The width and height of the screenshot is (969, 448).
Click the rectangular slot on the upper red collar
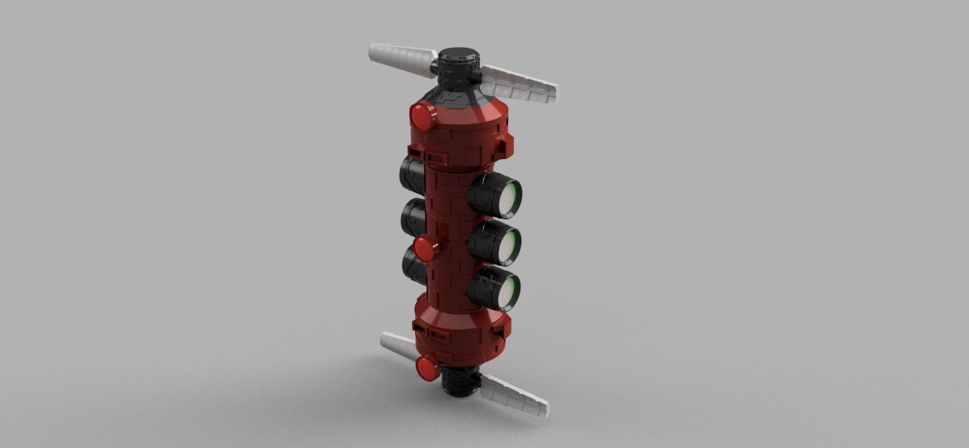(x=435, y=156)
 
